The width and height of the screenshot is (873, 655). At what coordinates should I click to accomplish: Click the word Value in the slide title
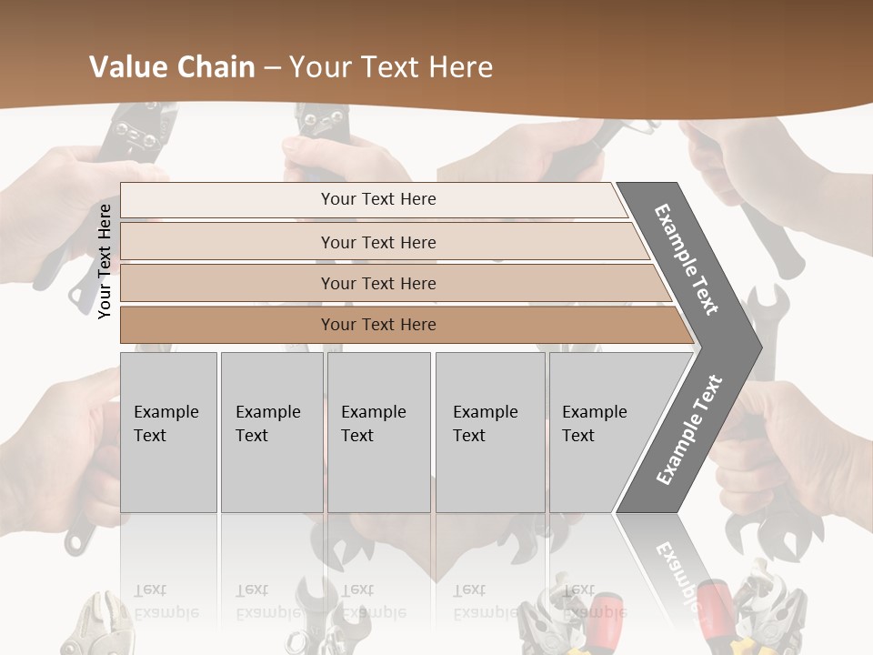126,67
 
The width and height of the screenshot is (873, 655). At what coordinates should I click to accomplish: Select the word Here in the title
460,67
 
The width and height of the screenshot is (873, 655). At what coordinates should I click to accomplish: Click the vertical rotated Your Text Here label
105,261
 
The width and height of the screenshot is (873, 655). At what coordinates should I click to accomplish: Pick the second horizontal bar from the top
377,242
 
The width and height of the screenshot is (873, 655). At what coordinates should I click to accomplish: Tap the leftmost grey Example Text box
168,432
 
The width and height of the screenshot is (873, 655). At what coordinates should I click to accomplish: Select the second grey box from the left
271,432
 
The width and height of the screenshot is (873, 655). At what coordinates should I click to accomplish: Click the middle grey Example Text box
378,432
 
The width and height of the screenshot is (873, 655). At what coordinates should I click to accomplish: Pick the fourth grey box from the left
489,432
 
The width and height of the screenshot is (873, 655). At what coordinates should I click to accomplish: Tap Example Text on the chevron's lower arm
689,429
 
